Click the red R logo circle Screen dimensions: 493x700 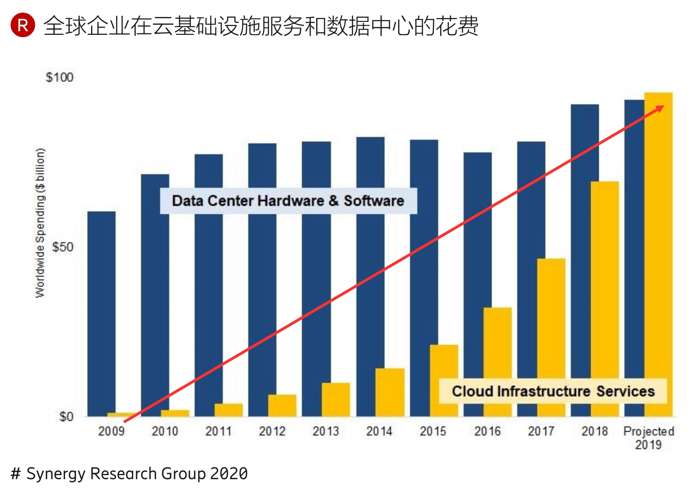[23, 25]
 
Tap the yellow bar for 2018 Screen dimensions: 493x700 [604, 279]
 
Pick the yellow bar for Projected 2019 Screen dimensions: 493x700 [659, 244]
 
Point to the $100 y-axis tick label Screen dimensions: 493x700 [59, 78]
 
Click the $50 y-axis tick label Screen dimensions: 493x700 [62, 247]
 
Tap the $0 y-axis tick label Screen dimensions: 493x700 [66, 417]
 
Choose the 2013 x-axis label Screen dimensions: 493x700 [325, 431]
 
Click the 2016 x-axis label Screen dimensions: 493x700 [487, 431]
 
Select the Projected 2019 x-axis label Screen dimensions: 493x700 [649, 438]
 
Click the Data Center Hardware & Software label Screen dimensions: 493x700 [288, 201]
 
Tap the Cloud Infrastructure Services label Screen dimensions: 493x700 [553, 391]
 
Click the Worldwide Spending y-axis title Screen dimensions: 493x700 [40, 223]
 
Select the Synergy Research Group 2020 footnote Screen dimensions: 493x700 [129, 473]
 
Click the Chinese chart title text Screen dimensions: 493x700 [261, 26]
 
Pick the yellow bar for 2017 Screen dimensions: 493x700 [551, 318]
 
